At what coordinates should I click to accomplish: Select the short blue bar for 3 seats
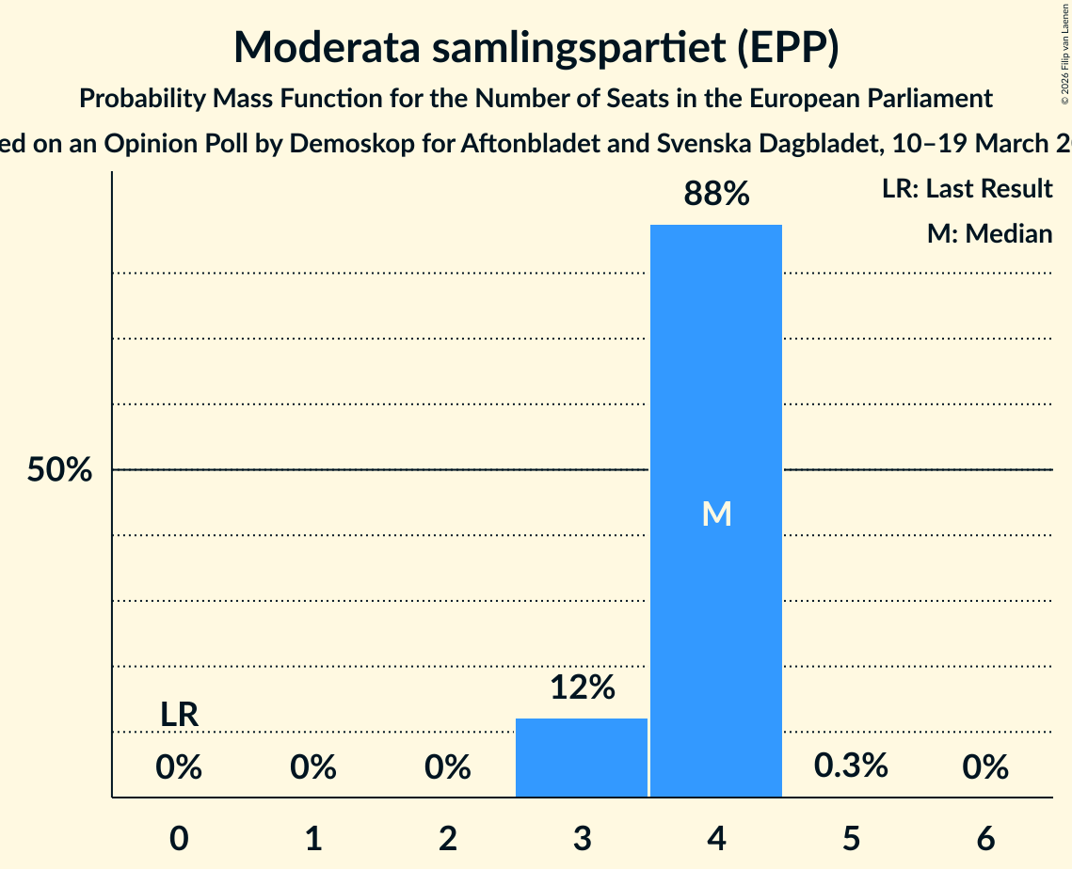(582, 757)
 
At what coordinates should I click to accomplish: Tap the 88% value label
(716, 195)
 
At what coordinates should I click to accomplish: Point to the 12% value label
(582, 687)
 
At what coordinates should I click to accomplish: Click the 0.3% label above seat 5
(851, 766)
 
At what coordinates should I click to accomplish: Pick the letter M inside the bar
(716, 513)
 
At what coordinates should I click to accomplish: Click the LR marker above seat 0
(179, 715)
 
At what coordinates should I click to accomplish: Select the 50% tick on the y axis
(58, 470)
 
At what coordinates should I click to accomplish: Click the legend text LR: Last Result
(967, 189)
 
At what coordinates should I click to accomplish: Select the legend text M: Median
(989, 233)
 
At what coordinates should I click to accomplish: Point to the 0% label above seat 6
(985, 768)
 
